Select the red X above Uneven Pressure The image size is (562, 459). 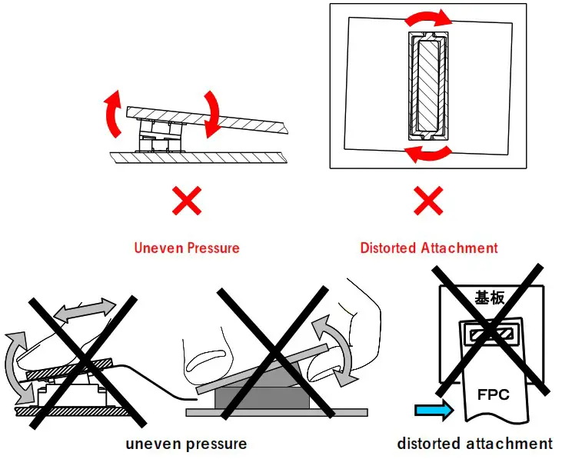click(x=186, y=202)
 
